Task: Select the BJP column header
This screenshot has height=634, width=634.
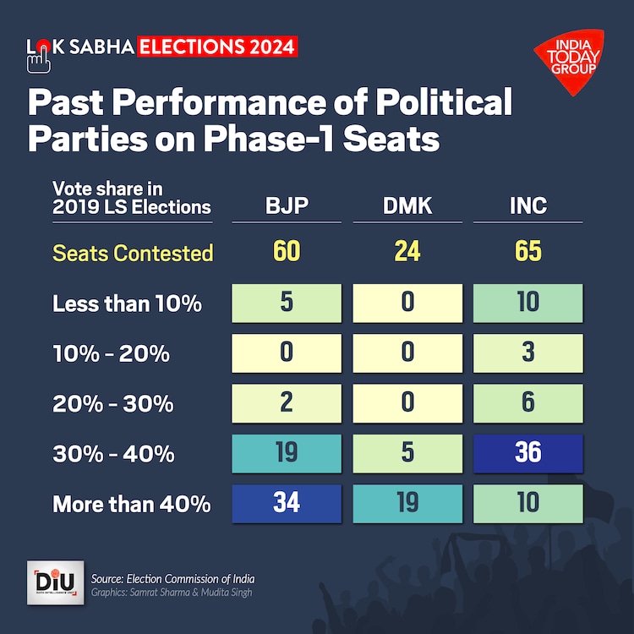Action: (287, 205)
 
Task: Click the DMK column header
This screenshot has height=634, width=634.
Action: (407, 205)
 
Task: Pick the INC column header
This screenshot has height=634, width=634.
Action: (528, 205)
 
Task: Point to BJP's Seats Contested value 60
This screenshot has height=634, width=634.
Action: (287, 252)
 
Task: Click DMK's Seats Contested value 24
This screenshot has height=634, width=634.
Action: (407, 252)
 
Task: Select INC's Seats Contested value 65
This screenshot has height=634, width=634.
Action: (528, 252)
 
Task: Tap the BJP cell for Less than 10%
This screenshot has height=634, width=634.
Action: (287, 303)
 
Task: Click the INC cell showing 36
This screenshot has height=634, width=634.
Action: (528, 452)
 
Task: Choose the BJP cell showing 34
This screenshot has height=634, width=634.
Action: (287, 502)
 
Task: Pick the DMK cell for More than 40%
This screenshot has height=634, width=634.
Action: (407, 502)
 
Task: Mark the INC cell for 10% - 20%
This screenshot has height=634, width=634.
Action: (528, 353)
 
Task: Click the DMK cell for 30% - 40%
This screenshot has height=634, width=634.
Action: (407, 452)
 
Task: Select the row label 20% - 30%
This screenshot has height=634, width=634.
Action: (113, 404)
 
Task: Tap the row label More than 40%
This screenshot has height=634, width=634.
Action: (132, 505)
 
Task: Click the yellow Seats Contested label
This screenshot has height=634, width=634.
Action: (133, 253)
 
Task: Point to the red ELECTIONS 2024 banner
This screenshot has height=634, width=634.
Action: (217, 46)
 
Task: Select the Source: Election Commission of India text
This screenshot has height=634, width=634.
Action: (172, 579)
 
